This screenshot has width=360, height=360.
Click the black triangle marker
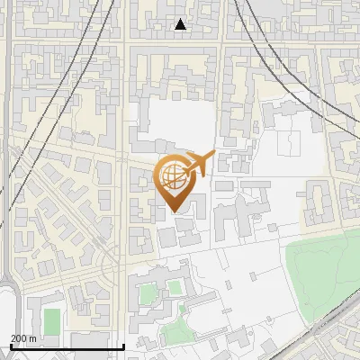181,24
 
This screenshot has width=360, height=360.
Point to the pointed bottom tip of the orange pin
174,211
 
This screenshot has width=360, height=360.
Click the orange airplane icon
200,163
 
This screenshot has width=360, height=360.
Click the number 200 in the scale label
19,338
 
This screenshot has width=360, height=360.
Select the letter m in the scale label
32,338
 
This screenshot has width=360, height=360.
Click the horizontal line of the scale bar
67,346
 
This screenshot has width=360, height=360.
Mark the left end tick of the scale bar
11,346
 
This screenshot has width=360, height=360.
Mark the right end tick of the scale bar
123,346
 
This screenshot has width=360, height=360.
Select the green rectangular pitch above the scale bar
52,319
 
